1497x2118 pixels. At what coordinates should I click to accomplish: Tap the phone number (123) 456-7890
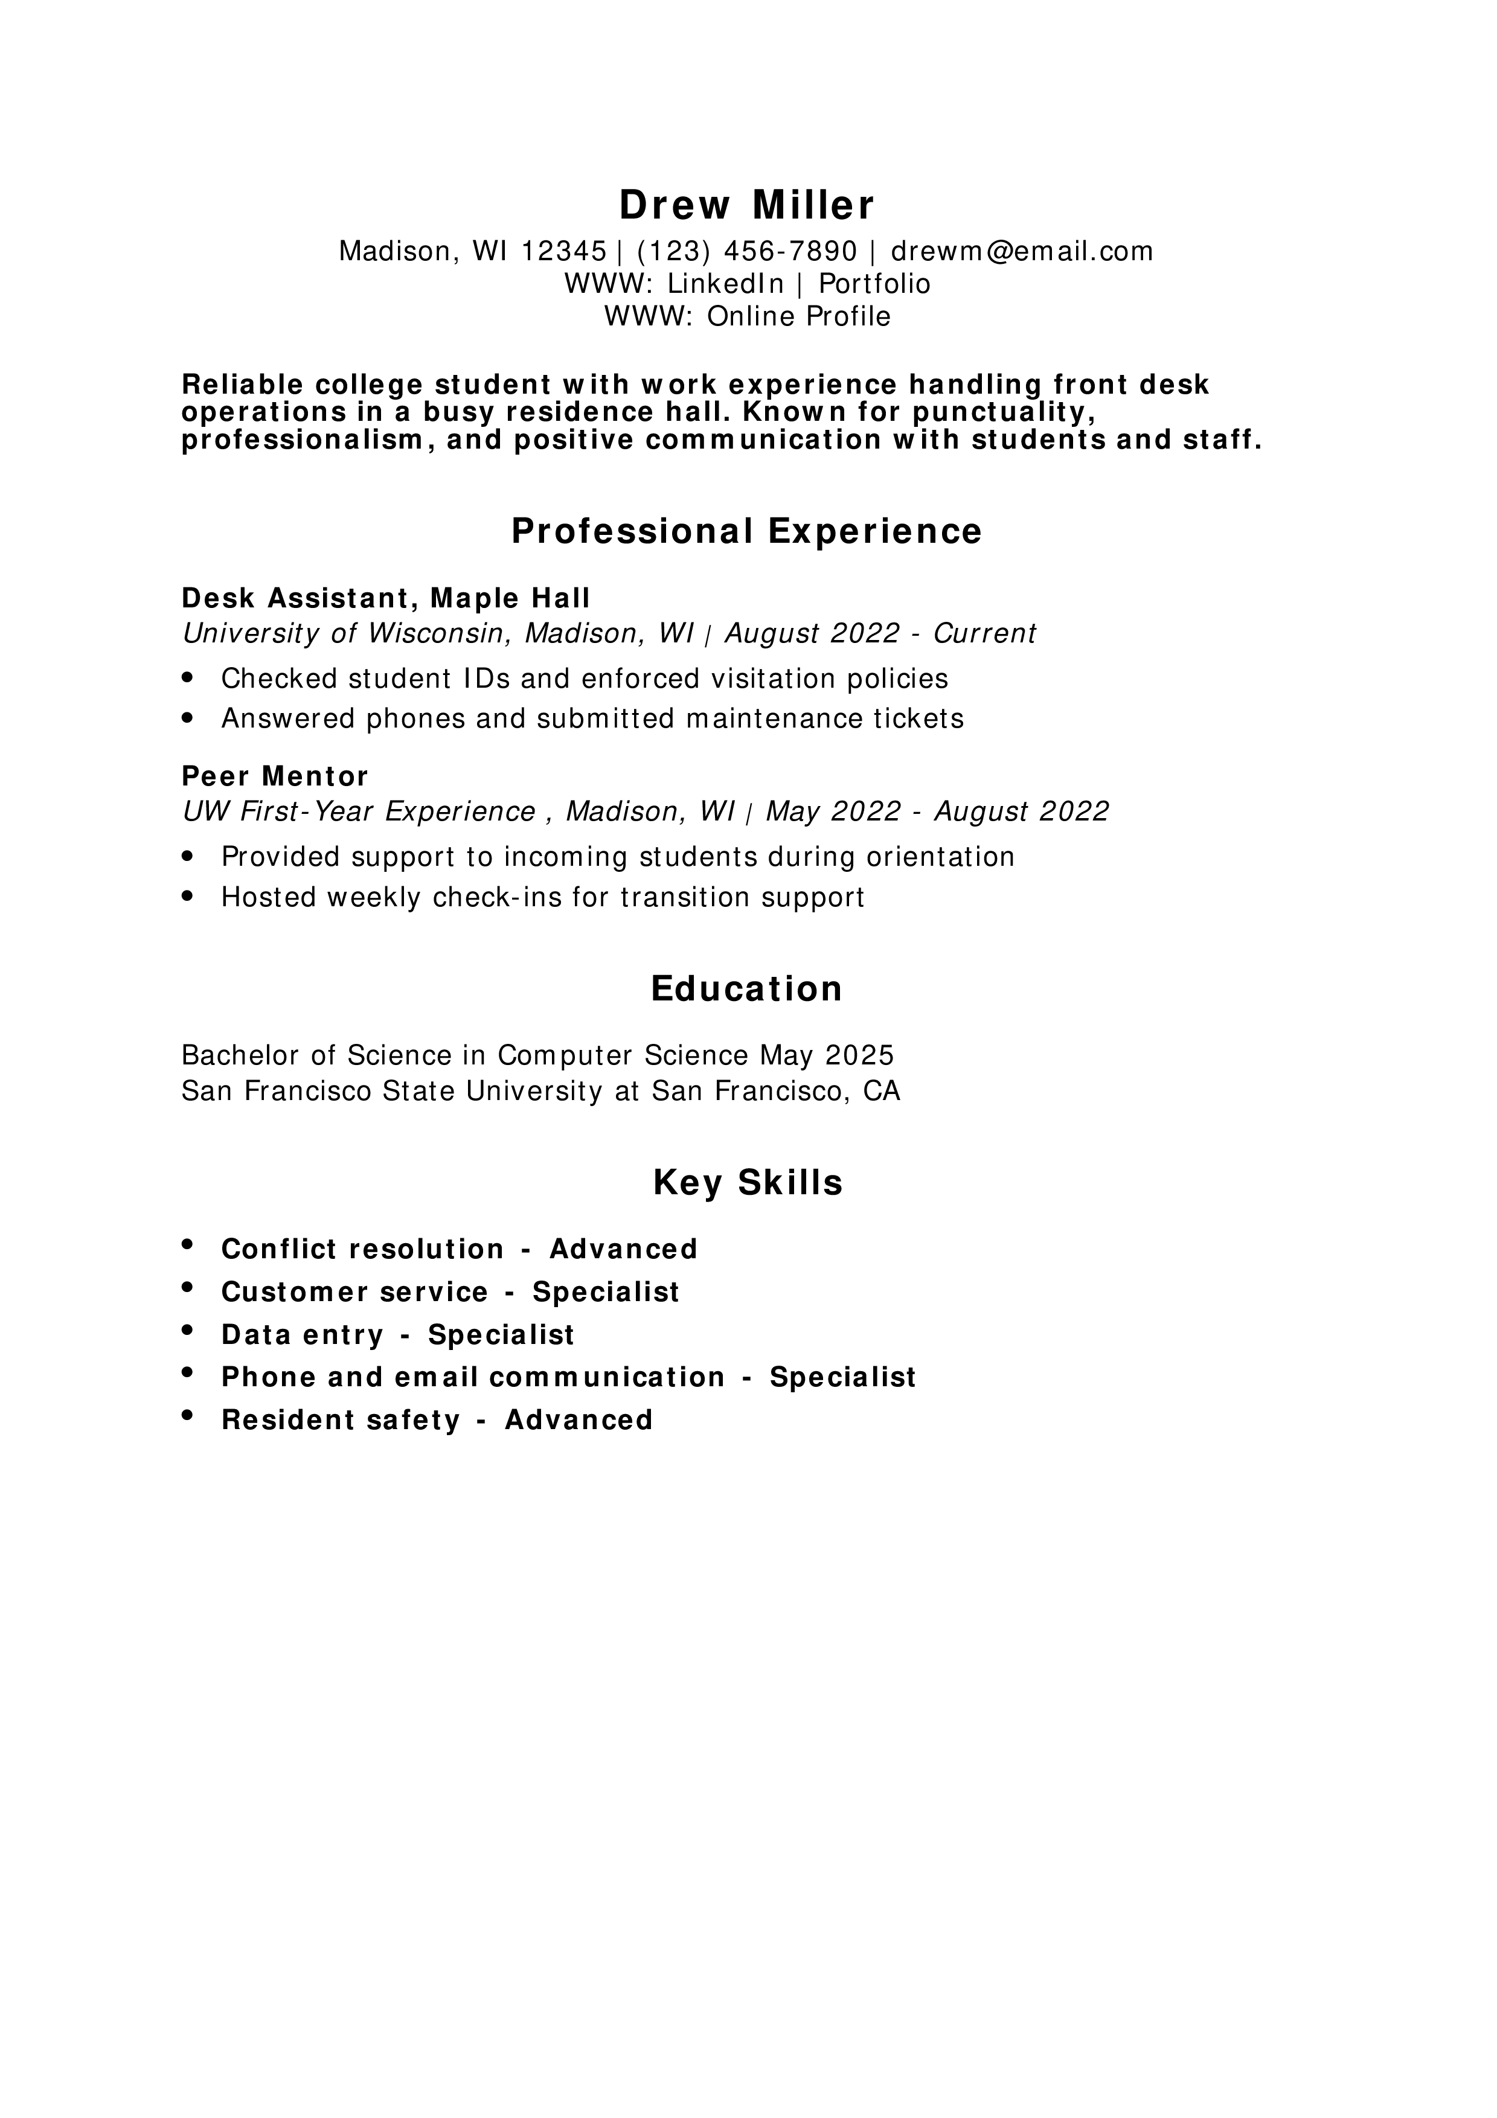(x=746, y=251)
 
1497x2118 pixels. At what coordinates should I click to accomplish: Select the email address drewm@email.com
(x=1021, y=251)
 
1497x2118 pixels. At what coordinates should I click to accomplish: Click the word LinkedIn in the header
(x=725, y=283)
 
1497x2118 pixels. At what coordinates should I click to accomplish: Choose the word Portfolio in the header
(x=874, y=283)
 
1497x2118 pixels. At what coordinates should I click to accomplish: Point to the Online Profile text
(x=799, y=316)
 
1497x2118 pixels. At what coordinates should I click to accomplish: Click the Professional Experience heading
(x=746, y=531)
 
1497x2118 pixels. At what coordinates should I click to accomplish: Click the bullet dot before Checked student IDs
(x=188, y=678)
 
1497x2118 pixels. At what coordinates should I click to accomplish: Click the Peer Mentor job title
(x=275, y=776)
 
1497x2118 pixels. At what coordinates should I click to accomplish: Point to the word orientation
(x=940, y=857)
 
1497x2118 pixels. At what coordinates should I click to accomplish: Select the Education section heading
(x=746, y=989)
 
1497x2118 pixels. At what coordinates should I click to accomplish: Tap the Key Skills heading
(x=747, y=1183)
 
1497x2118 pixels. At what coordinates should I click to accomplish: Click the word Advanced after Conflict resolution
(x=624, y=1249)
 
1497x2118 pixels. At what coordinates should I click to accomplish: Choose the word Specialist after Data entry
(x=501, y=1335)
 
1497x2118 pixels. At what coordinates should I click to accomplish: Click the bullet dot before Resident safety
(x=188, y=1415)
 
